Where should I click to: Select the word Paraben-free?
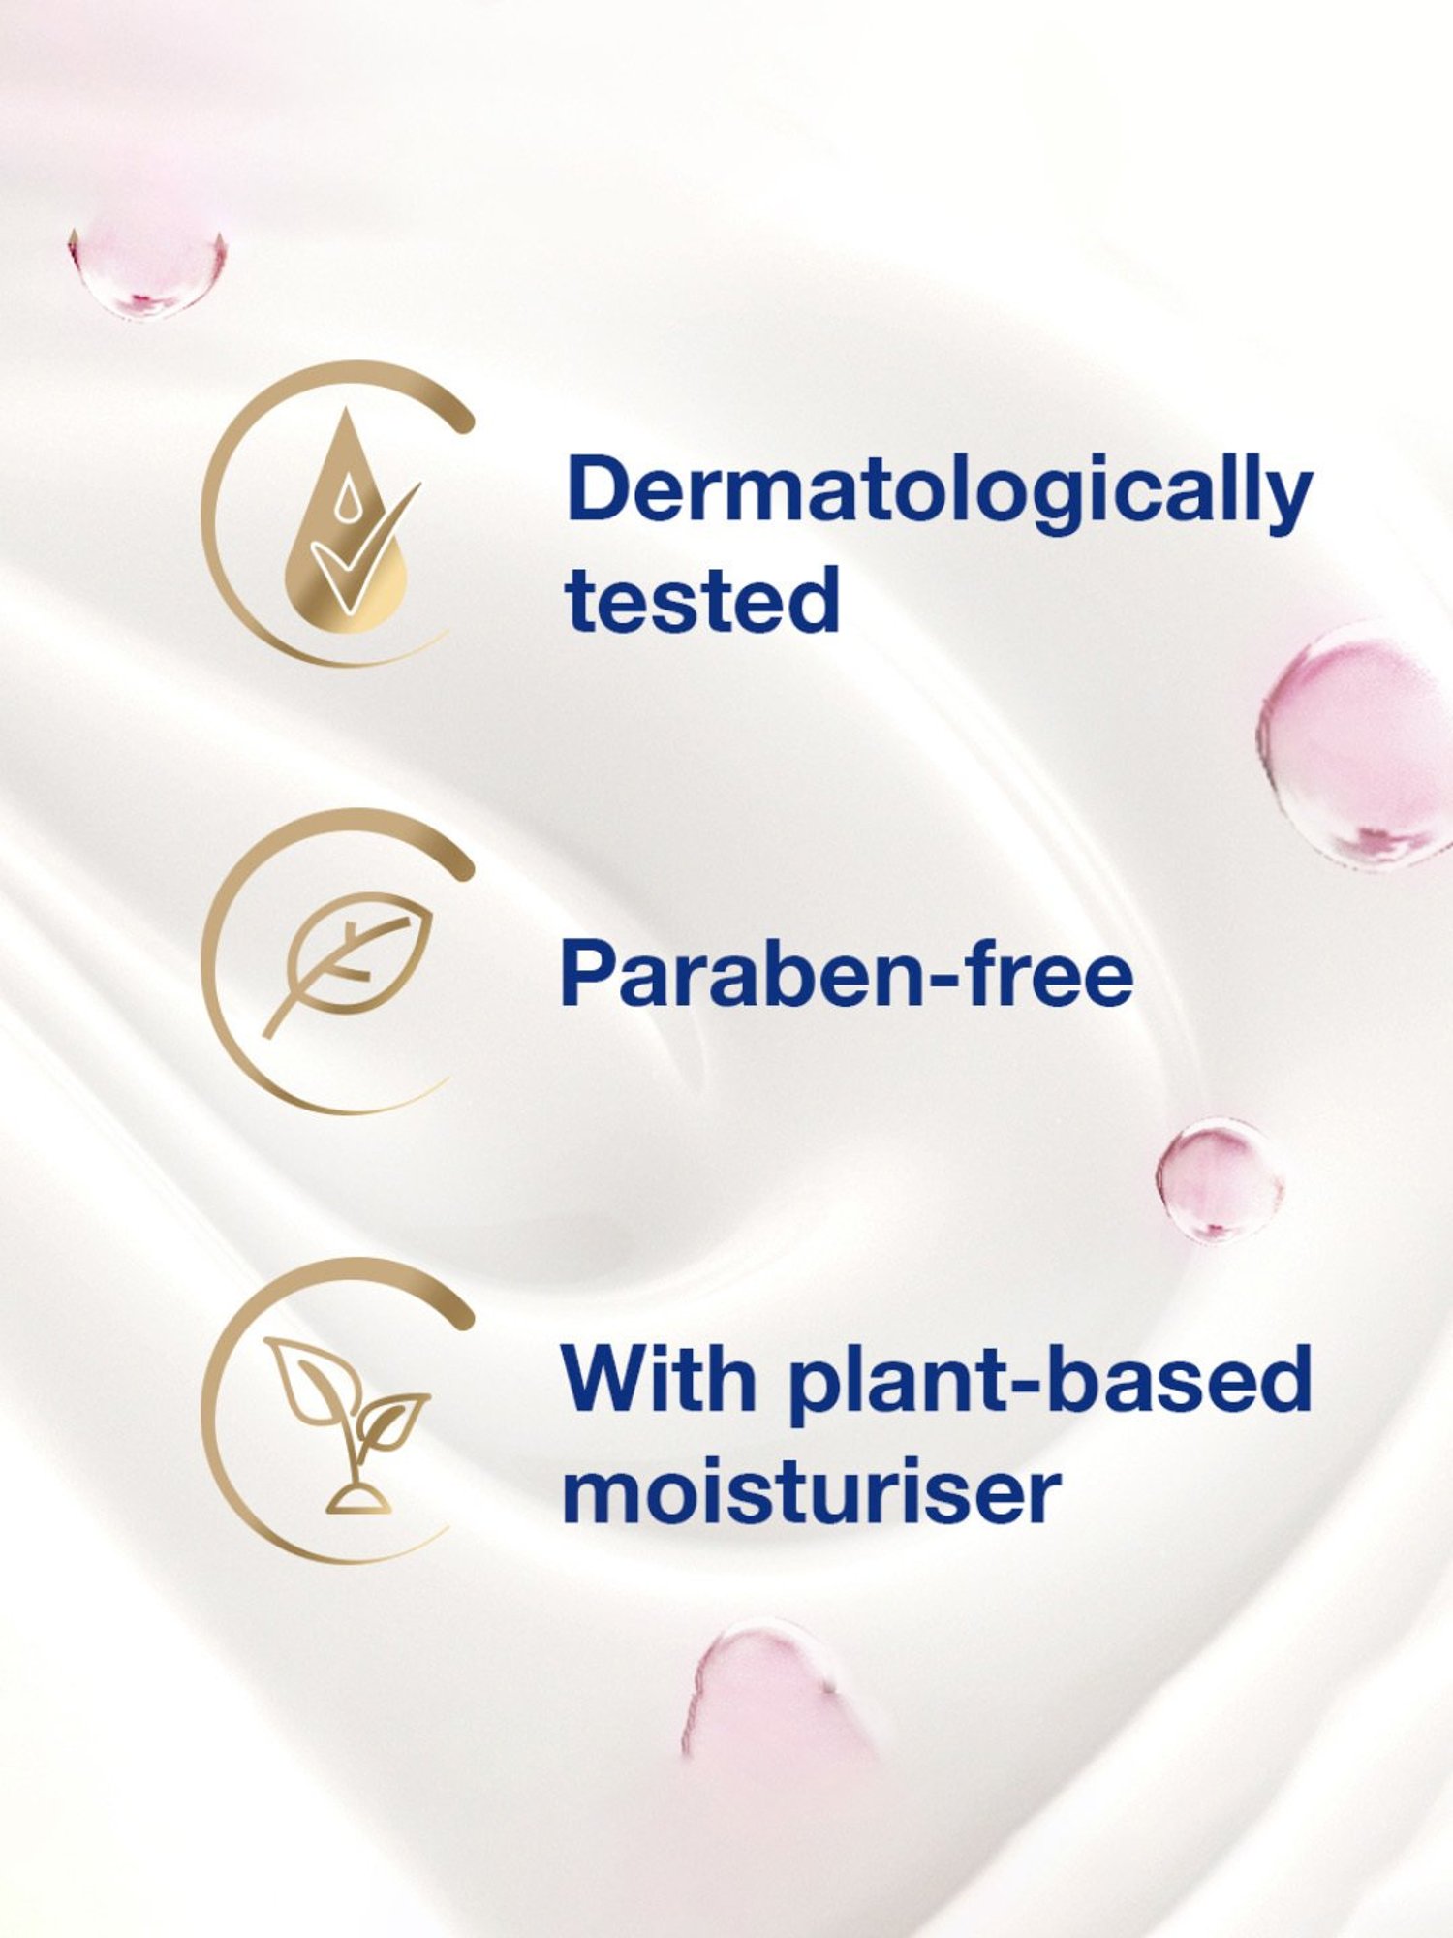pos(847,974)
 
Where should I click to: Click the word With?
pos(660,1379)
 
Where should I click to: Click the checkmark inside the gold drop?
pos(363,547)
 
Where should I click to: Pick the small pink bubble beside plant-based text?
pos(1220,1180)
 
